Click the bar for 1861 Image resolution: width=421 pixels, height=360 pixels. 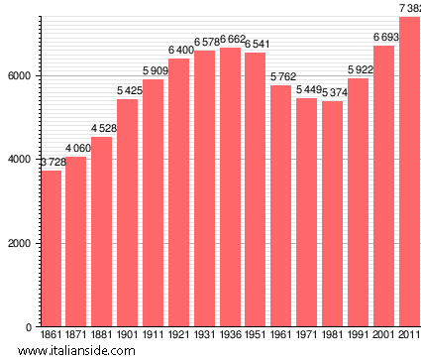[52, 248]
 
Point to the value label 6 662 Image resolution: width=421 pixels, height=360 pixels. [230, 41]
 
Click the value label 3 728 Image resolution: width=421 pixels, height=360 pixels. [52, 163]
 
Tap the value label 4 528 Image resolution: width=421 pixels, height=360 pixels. [102, 129]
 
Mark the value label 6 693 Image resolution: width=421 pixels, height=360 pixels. [383, 38]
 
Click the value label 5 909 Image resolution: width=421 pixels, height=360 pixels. [154, 70]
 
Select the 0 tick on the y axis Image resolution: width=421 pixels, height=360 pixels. [30, 327]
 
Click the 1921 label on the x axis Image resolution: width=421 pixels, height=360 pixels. [178, 335]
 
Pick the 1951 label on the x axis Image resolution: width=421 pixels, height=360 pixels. [256, 335]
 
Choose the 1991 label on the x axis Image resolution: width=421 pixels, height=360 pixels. [358, 335]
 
